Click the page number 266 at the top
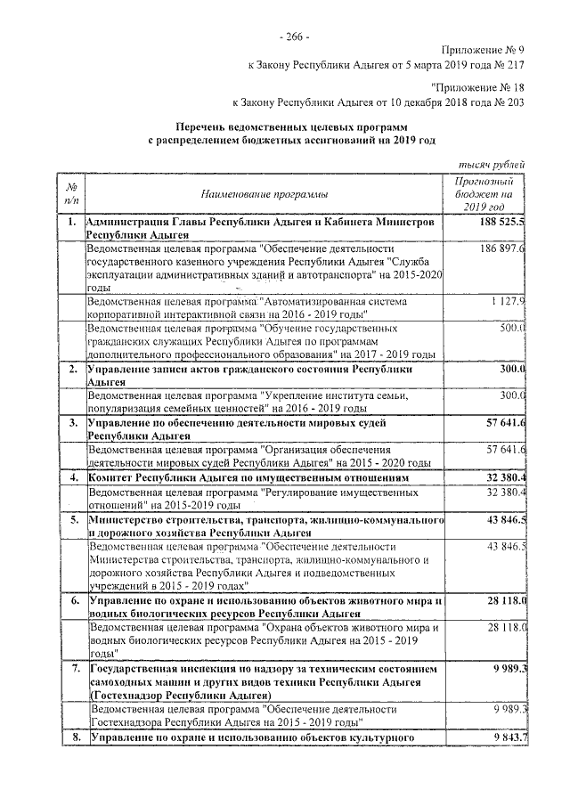click(x=293, y=37)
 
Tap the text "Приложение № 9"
click(x=484, y=51)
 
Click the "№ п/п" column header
click(x=69, y=192)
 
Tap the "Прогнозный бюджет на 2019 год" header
click(x=484, y=192)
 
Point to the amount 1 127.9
click(x=507, y=302)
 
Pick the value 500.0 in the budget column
click(x=512, y=330)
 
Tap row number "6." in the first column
click(x=74, y=603)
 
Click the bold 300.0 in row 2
click(x=511, y=368)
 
